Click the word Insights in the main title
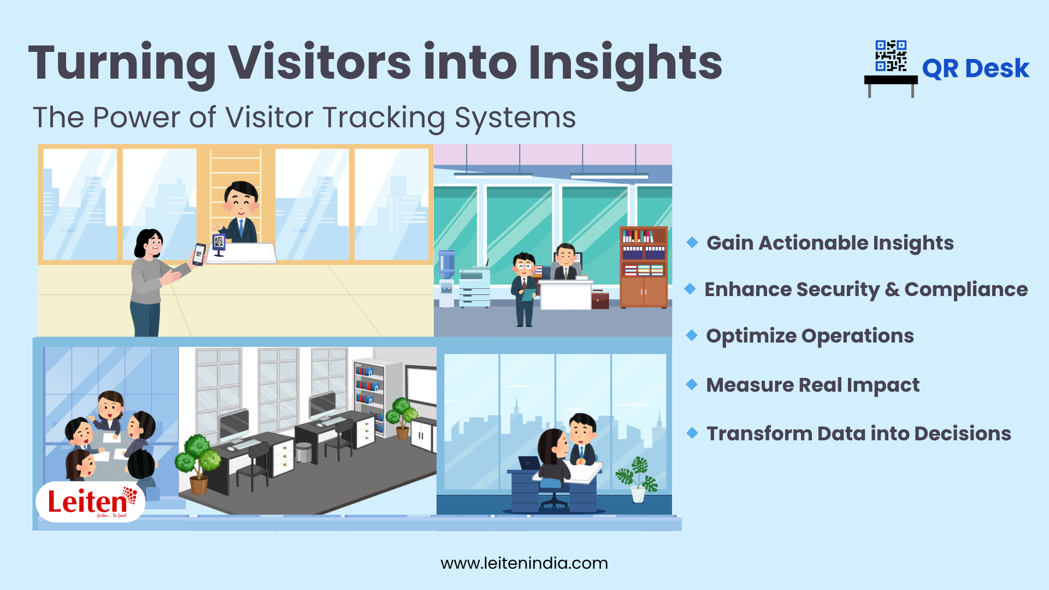(625, 63)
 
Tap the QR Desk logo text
(975, 69)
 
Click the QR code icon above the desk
(891, 56)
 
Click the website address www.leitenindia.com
(524, 563)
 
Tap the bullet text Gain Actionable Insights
(830, 243)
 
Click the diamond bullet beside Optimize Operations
(692, 335)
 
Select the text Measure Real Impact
(812, 385)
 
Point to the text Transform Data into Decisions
(858, 434)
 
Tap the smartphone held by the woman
(199, 254)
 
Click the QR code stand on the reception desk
(219, 244)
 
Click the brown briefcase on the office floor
(600, 300)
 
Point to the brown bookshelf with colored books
(643, 267)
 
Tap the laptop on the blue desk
(528, 463)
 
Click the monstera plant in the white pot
(638, 479)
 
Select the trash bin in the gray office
(303, 452)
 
